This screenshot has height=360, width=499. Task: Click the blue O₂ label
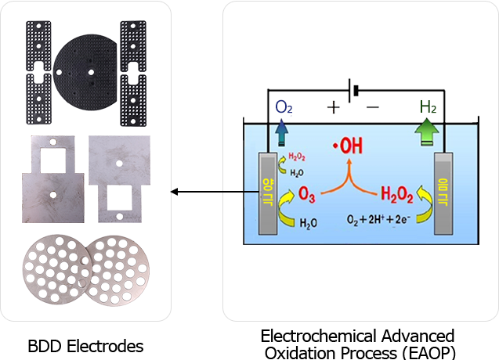tap(284, 107)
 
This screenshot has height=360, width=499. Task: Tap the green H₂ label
tap(428, 107)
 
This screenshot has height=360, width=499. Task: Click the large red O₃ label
tap(309, 194)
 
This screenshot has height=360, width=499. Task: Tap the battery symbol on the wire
tap(356, 91)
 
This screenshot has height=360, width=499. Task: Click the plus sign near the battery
tap(334, 107)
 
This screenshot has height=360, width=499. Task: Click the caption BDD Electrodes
tap(86, 345)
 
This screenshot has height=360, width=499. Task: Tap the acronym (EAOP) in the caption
tap(427, 351)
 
